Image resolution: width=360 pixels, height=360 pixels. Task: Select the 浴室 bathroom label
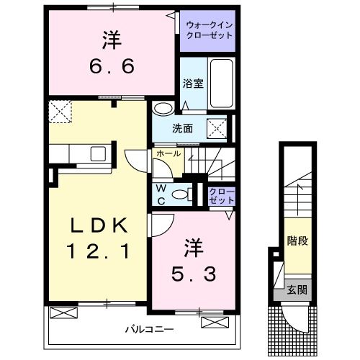(x=192, y=84)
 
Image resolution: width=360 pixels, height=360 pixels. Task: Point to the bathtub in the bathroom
(x=222, y=83)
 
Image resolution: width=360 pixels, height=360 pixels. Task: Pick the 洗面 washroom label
(x=183, y=130)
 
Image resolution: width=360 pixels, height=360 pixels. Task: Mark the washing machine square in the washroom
(x=217, y=128)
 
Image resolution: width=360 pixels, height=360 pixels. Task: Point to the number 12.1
(x=99, y=252)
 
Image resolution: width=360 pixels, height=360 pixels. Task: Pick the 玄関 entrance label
(x=297, y=290)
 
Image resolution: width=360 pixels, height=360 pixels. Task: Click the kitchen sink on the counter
(x=96, y=153)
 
